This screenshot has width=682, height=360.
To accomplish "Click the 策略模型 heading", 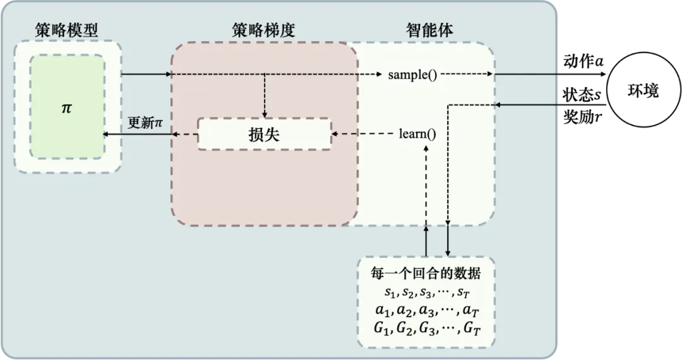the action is tap(66, 30).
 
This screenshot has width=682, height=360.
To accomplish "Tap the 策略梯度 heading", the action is tap(263, 30).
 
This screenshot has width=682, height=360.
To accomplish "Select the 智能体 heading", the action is tap(429, 30).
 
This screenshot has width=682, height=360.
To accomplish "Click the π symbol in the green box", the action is tap(66, 108).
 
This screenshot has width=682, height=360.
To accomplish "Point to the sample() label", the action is tap(412, 75).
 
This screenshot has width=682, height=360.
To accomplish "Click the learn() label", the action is tap(417, 134).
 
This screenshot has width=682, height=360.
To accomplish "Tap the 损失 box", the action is tap(265, 135).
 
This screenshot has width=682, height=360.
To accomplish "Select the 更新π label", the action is tap(145, 123).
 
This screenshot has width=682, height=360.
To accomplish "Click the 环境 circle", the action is tap(643, 91).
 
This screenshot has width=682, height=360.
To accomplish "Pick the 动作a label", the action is tap(583, 61).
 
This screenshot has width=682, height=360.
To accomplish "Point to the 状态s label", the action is tap(582, 94).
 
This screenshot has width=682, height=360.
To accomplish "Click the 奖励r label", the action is tap(582, 116).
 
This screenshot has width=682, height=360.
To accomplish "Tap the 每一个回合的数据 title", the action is tap(426, 273).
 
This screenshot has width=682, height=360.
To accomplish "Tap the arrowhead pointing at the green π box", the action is tap(105, 135).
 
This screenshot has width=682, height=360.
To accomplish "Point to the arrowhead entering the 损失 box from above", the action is tap(265, 115).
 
